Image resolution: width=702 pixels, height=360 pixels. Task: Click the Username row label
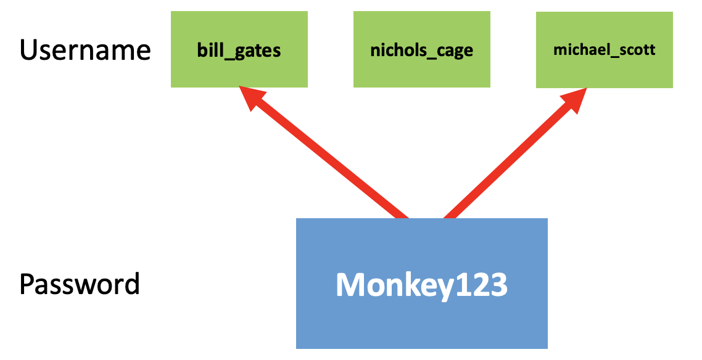point(85,50)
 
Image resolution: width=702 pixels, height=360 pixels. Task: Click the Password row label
point(80,284)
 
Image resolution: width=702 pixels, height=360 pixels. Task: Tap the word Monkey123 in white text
point(422,285)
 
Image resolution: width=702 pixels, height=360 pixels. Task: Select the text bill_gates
point(239,50)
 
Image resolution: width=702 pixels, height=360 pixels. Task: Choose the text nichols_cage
point(422,50)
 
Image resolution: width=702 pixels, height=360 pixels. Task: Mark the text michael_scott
point(604,50)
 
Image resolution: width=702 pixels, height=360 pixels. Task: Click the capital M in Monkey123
point(349,285)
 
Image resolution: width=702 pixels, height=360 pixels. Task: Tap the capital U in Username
point(29,50)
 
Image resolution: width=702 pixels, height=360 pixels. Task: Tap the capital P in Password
point(27,284)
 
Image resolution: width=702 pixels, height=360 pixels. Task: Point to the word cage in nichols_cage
point(456,51)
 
